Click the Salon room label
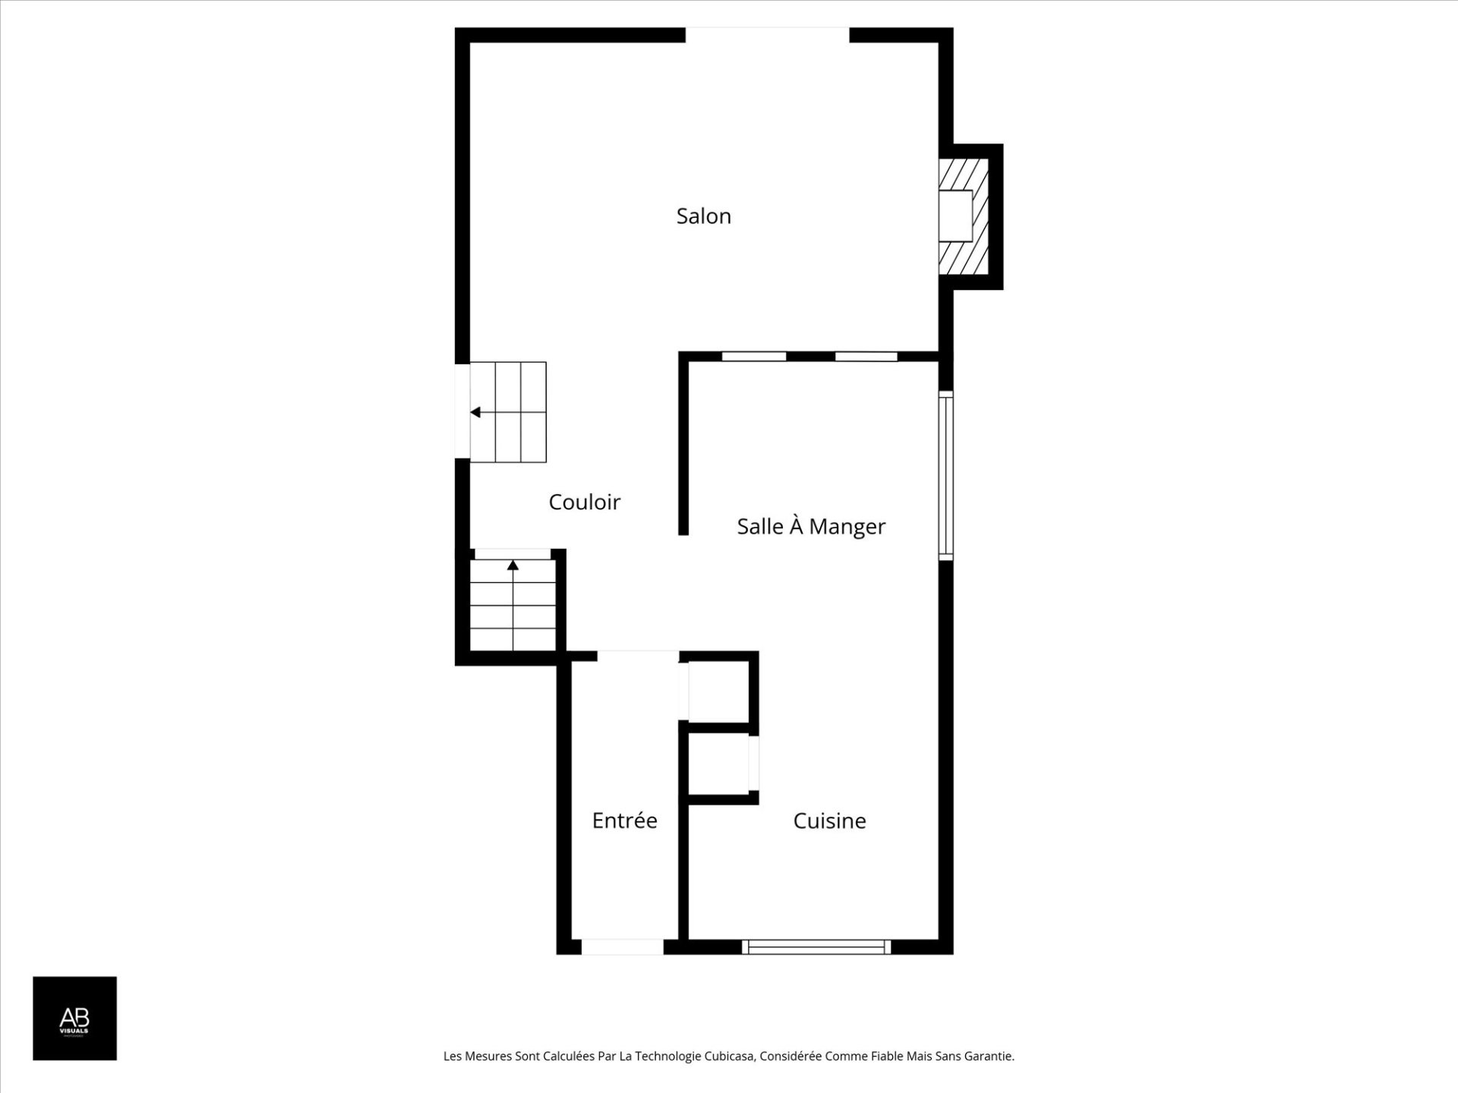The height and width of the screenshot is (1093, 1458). coord(703,216)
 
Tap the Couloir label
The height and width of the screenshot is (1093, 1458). coord(584,502)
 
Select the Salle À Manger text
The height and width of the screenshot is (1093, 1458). coord(810,526)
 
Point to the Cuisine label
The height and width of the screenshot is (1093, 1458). coord(829,821)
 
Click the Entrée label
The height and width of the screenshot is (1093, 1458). coord(624,821)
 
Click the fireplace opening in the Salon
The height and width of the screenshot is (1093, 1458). coord(955,216)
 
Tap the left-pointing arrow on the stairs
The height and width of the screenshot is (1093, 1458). coord(475,412)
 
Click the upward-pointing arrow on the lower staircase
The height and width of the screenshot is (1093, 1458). coord(513,565)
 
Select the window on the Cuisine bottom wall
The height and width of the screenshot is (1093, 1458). coord(816,947)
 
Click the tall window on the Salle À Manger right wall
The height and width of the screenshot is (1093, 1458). coord(945,476)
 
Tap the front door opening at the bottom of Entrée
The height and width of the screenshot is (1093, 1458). coord(622,947)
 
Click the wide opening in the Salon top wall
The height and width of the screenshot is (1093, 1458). coord(767,35)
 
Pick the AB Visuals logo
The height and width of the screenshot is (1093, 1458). coord(74,1018)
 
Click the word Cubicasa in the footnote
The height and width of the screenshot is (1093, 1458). coord(729,1056)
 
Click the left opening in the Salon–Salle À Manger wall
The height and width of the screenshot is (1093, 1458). coord(753,356)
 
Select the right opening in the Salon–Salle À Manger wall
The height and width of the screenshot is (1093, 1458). coord(866,356)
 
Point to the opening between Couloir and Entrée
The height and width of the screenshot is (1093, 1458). coord(637,656)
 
